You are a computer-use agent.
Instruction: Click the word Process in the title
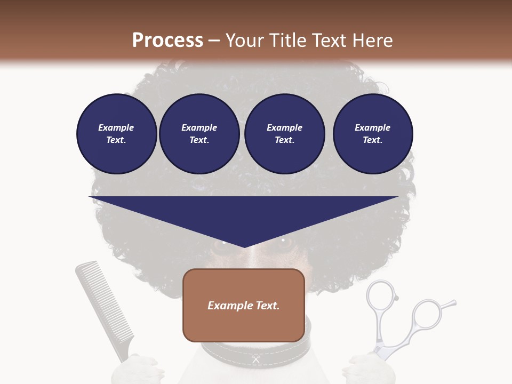(x=167, y=41)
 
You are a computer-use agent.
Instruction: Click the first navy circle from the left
(x=116, y=134)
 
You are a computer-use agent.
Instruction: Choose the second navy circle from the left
(x=199, y=134)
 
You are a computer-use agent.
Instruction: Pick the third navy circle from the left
(x=284, y=134)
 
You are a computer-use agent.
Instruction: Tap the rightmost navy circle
(x=372, y=134)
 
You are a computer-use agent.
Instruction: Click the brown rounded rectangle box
(x=244, y=305)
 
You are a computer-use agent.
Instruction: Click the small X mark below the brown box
(x=256, y=360)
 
